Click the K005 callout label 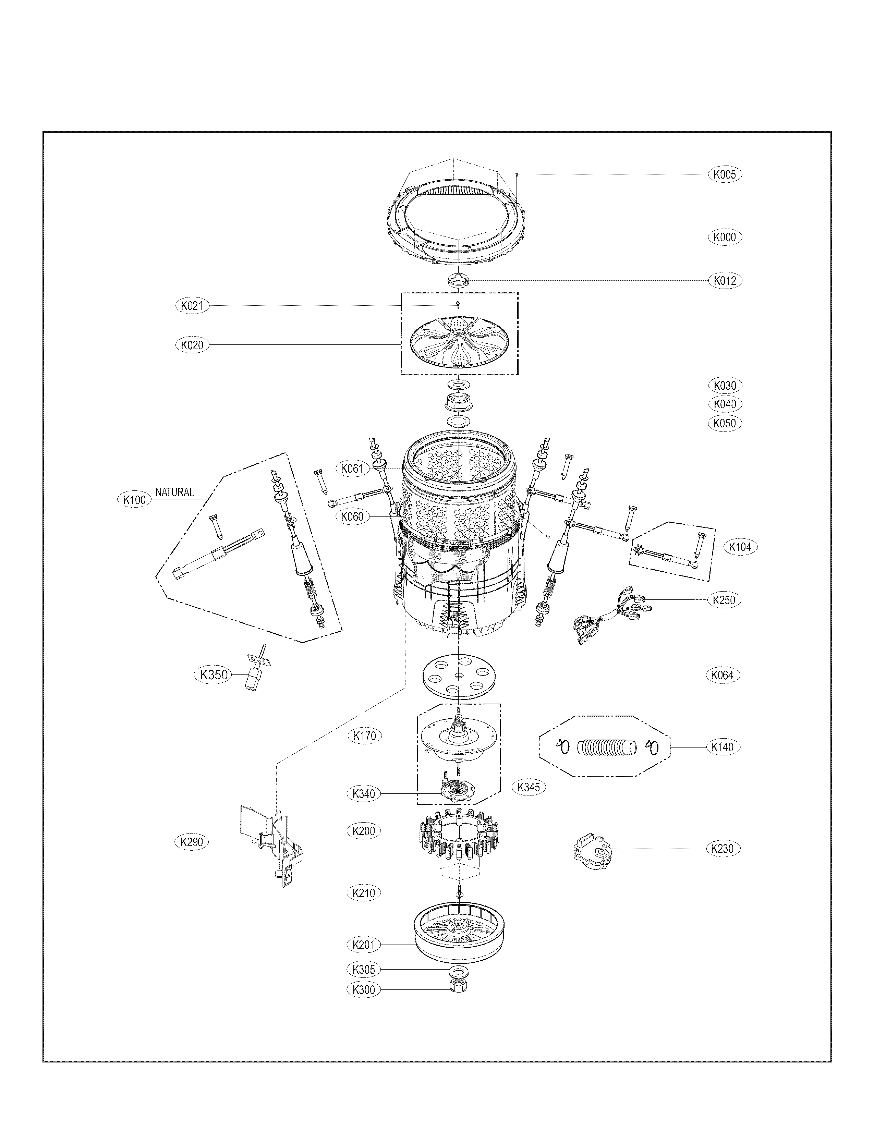[724, 174]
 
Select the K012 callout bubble [724, 281]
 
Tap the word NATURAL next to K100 [174, 492]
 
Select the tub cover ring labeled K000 [458, 220]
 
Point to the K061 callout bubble [352, 469]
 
